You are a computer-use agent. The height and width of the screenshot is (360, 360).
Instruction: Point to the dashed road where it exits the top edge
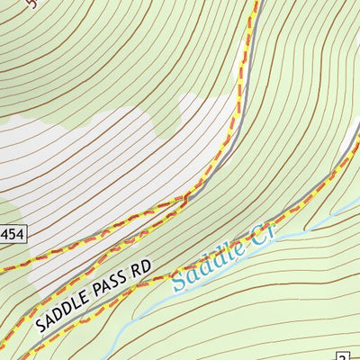pyautogui.click(x=255, y=3)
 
